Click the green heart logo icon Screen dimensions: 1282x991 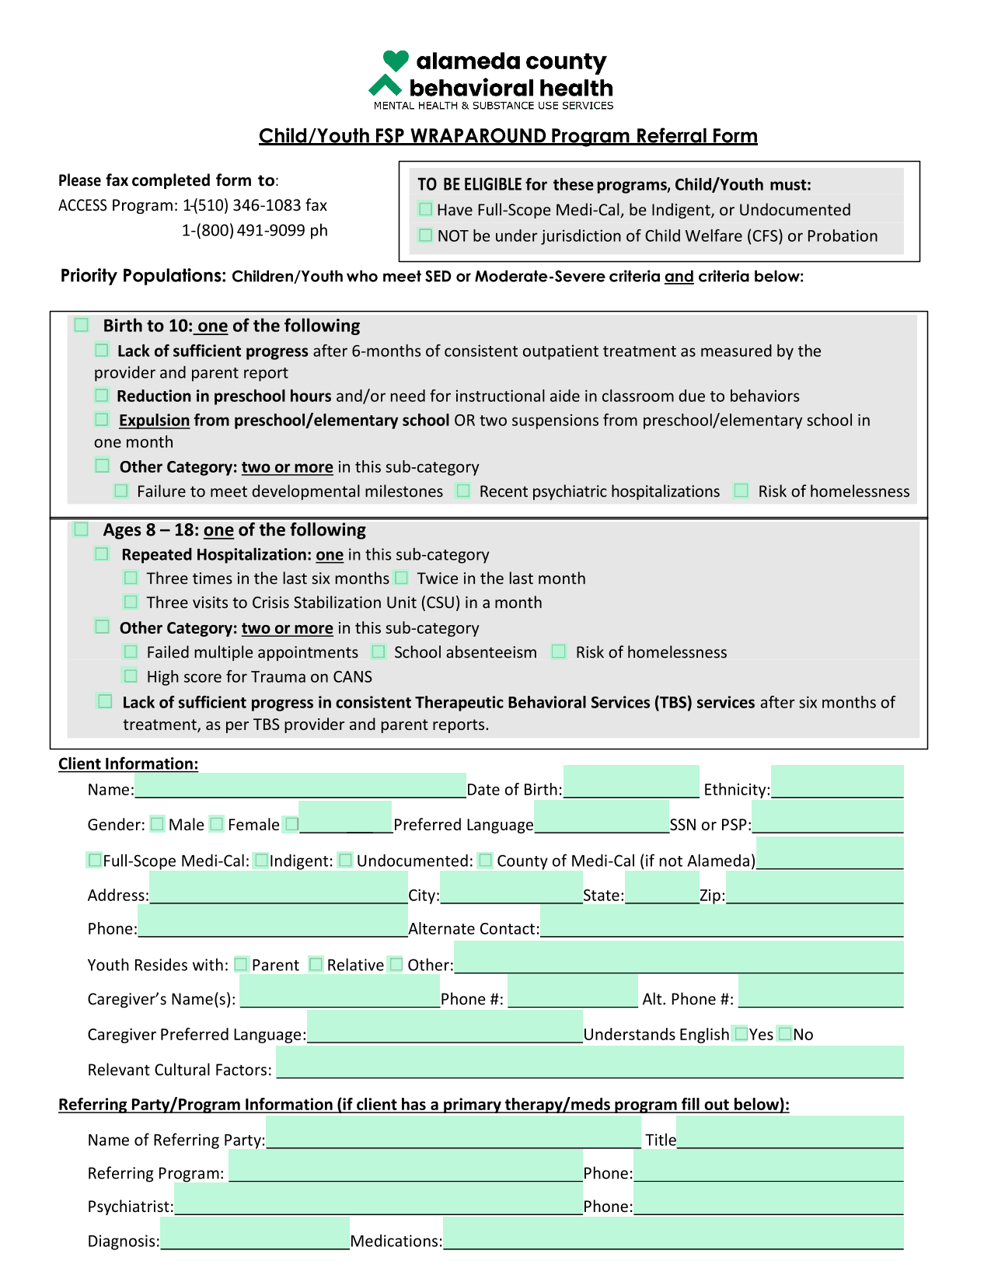(x=395, y=61)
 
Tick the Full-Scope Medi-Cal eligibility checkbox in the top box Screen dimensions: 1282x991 (x=425, y=209)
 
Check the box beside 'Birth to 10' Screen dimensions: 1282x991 (x=82, y=325)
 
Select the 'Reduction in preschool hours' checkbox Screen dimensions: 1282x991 (x=102, y=396)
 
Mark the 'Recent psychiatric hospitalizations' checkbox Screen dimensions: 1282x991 (x=463, y=491)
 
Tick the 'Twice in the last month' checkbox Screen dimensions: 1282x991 (x=401, y=578)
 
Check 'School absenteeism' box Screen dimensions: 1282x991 (x=379, y=651)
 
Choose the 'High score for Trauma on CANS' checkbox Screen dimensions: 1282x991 (x=131, y=676)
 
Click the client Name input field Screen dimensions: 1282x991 (x=300, y=785)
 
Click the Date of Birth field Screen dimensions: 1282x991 (x=631, y=782)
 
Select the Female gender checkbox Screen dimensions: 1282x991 (x=217, y=824)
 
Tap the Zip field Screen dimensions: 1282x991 (x=815, y=888)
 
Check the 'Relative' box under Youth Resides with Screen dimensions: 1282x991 (x=316, y=964)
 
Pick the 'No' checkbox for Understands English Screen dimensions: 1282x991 (x=785, y=1034)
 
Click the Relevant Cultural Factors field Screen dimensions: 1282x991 (x=589, y=1062)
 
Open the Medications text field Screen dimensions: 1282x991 (x=673, y=1234)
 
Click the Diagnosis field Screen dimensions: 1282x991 (x=255, y=1234)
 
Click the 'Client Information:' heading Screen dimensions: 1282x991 (x=128, y=763)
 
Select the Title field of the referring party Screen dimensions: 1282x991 (x=790, y=1133)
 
